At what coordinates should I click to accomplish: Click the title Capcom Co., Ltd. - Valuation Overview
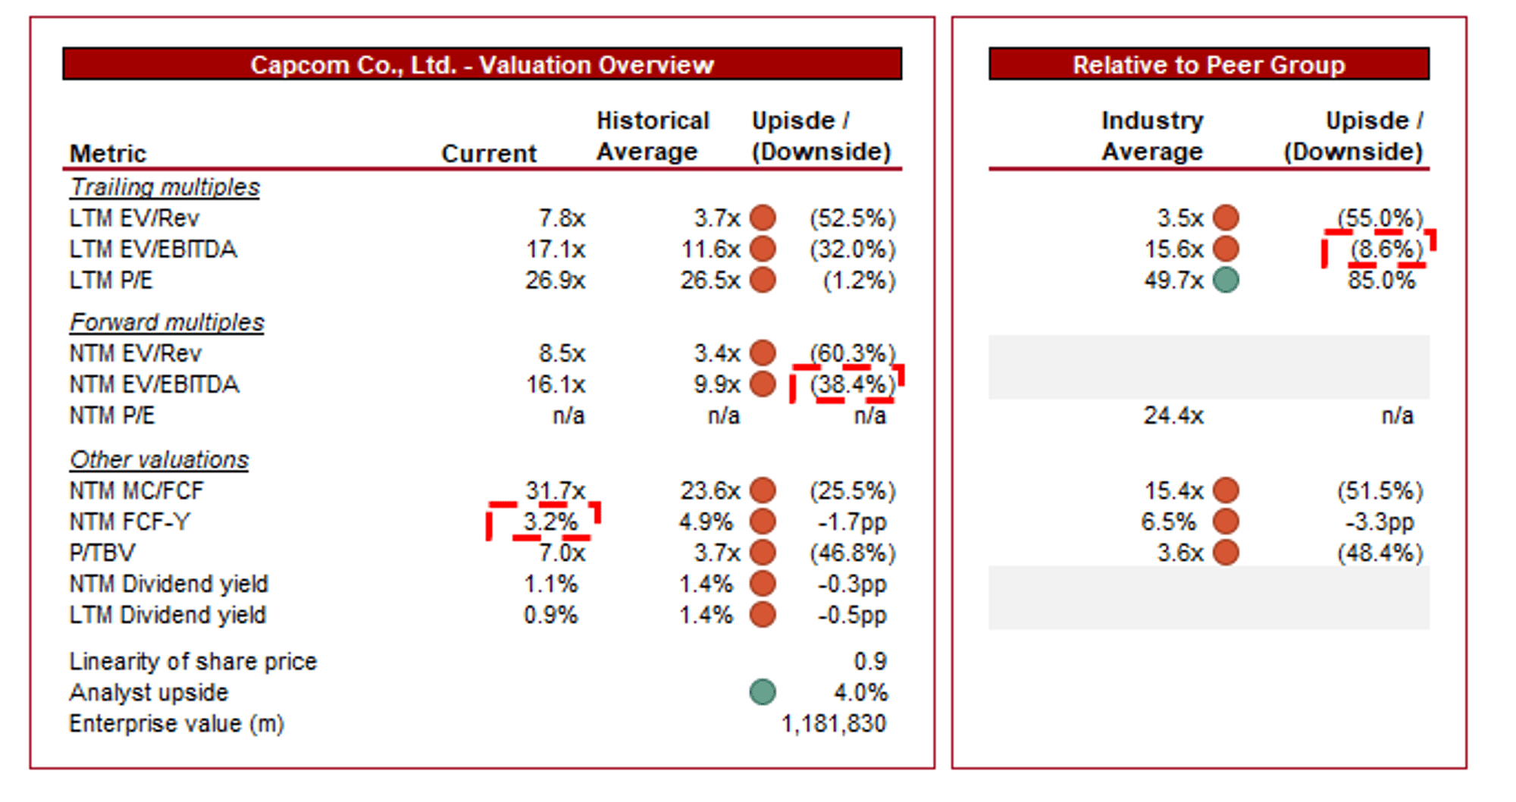click(x=482, y=64)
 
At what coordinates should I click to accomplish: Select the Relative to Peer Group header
click(x=1208, y=64)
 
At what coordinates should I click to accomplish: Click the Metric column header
click(x=108, y=153)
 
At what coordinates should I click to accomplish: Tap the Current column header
click(x=489, y=153)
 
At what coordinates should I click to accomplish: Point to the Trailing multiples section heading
click(x=164, y=187)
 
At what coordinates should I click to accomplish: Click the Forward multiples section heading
click(x=167, y=322)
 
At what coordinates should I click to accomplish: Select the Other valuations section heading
click(x=159, y=459)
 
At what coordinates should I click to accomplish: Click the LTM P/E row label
click(x=111, y=280)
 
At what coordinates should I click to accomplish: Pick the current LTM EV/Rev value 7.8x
click(x=562, y=218)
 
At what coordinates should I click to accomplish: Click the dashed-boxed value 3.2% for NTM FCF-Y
click(x=550, y=522)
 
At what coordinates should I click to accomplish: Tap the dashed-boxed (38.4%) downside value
click(x=852, y=384)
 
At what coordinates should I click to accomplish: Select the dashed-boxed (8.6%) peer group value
click(x=1386, y=249)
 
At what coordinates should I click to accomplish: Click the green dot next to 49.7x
click(x=1226, y=280)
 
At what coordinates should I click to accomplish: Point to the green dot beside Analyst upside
click(x=763, y=691)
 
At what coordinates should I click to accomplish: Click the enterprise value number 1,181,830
click(x=833, y=723)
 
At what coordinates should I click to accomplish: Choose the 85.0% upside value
click(x=1381, y=280)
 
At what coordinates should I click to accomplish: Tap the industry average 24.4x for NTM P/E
click(x=1173, y=415)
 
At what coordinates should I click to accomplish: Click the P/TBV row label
click(x=102, y=553)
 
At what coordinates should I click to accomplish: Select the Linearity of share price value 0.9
click(x=869, y=661)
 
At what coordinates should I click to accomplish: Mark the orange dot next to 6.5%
click(x=1226, y=522)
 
